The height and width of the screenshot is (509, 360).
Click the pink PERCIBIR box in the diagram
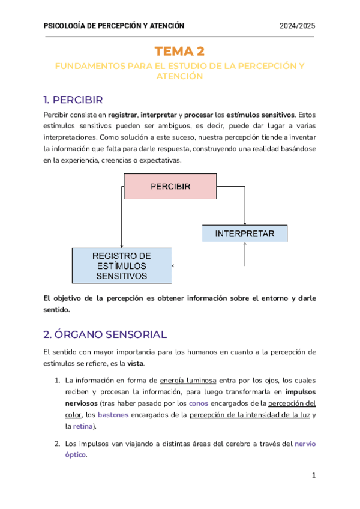pos(170,186)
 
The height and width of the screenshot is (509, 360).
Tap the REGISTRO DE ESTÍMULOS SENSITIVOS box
pos(121,265)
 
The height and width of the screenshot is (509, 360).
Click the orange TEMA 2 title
pos(179,52)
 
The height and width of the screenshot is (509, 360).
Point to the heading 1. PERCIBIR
pos(73,99)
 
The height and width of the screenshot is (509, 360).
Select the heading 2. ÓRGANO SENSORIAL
pos(105,334)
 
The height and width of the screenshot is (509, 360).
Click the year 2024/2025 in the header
pos(298,25)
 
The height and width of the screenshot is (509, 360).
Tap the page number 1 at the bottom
pos(313,475)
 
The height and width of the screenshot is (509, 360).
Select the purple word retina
pos(82,426)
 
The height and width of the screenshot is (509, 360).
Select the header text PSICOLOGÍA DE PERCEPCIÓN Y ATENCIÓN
pos(114,25)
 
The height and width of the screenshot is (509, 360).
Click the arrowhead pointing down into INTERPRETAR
pos(245,222)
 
